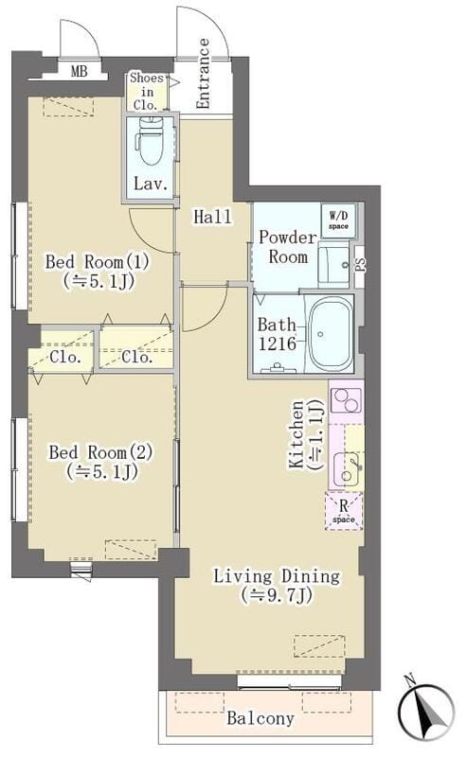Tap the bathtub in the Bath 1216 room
tap(330, 334)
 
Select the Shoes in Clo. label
tap(147, 91)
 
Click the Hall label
tap(212, 217)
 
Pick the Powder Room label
tap(283, 248)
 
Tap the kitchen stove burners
tap(345, 401)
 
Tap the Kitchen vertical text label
tap(304, 433)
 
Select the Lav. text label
tap(150, 185)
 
